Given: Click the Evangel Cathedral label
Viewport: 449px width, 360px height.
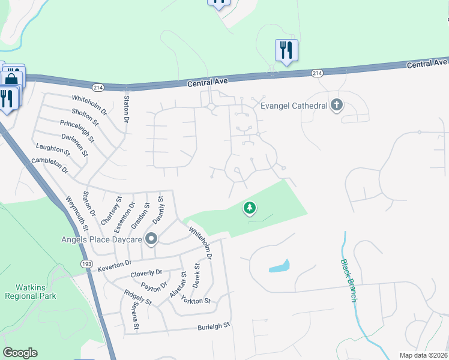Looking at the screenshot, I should pos(294,106).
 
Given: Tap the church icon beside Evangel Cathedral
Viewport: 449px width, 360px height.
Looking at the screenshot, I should pos(337,106).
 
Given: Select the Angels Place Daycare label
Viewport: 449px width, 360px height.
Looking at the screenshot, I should pos(101,239).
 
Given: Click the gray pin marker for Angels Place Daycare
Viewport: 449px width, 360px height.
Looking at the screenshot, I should pos(151,239).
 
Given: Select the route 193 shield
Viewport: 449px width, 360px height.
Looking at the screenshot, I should pos(86,263).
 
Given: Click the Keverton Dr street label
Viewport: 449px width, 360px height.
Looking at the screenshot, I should pos(115,263).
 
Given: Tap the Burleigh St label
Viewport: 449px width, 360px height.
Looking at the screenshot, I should pos(214,327).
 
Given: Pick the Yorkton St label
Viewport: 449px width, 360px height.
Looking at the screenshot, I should pos(197,301).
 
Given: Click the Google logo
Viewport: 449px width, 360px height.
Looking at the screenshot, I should pos(20,352).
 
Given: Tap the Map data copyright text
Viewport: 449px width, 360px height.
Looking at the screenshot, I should pos(424,355).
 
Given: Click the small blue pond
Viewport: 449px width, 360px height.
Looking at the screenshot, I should pos(279,266).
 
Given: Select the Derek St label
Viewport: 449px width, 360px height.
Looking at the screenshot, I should pos(196,274).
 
